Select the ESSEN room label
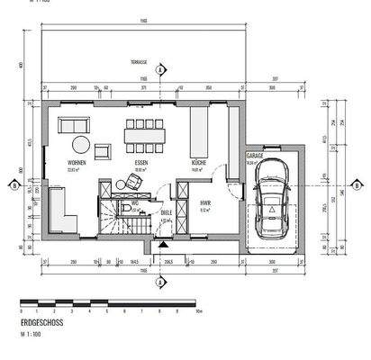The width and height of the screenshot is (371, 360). click(140, 163)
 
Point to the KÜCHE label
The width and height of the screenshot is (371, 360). click(199, 163)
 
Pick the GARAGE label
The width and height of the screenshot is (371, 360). click(255, 156)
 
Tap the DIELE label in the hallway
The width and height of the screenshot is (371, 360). click(166, 212)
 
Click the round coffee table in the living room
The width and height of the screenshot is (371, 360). click(80, 144)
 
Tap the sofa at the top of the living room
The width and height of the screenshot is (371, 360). click(73, 124)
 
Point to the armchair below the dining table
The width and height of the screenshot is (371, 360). click(134, 179)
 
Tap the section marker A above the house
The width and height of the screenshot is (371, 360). click(159, 69)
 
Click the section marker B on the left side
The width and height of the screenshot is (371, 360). click(14, 186)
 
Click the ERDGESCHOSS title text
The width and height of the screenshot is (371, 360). click(39, 321)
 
